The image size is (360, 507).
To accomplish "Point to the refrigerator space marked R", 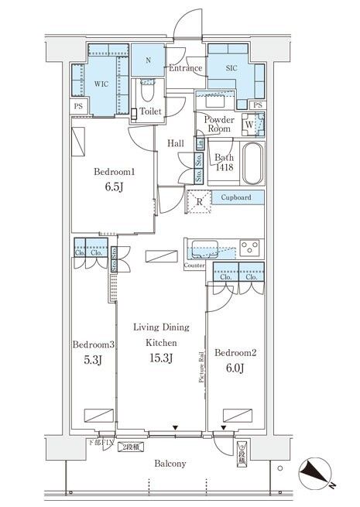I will (201, 203).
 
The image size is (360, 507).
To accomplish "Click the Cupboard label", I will (236, 198).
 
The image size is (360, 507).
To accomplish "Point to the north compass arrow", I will (320, 473).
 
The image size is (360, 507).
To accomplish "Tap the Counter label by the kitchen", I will (194, 265).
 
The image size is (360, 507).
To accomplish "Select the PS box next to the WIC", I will (77, 106).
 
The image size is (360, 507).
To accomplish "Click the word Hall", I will (176, 143).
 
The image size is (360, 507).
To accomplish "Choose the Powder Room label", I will (220, 125).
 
